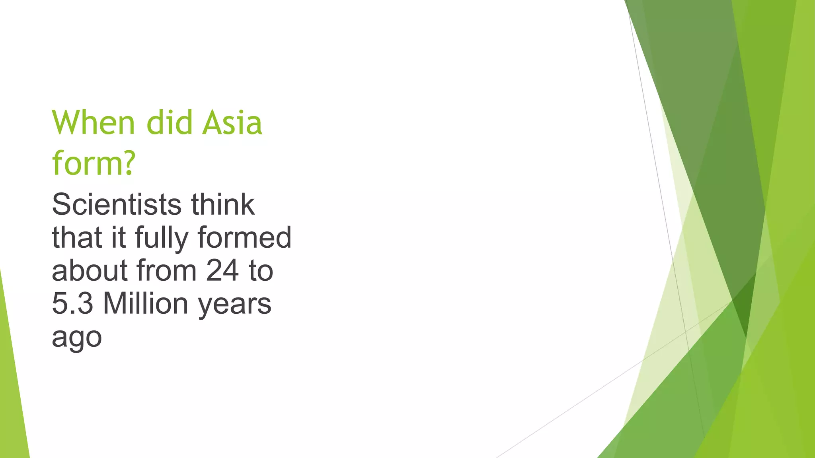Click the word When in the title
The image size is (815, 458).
[x=94, y=122]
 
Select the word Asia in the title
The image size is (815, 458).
[x=232, y=122]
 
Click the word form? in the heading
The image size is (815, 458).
[x=94, y=163]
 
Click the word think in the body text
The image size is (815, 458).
[x=223, y=204]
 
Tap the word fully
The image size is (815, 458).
[x=162, y=238]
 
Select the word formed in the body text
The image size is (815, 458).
[x=244, y=238]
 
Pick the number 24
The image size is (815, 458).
[x=222, y=271]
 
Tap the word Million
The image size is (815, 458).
[x=146, y=304]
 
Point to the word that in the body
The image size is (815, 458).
[x=77, y=238]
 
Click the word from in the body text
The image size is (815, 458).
[x=166, y=271]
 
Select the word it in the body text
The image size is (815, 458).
[x=118, y=238]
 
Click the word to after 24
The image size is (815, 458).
[x=261, y=271]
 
